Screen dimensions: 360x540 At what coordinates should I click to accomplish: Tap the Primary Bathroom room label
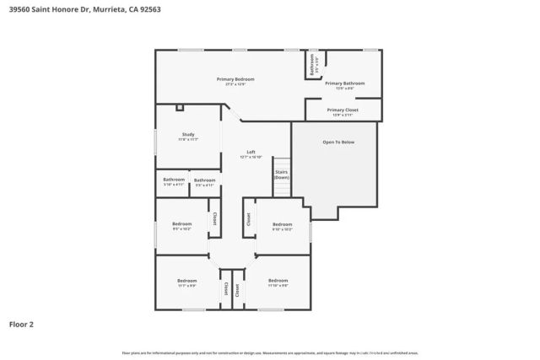344,83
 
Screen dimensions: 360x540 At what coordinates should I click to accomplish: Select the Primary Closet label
343,110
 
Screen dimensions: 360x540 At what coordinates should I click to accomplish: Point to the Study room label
189,135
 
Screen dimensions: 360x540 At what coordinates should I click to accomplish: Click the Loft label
251,153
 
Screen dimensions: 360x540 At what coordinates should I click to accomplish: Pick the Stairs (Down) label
281,175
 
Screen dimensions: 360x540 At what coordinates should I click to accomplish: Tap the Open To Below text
338,142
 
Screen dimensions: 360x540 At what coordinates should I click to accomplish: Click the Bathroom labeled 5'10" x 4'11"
174,179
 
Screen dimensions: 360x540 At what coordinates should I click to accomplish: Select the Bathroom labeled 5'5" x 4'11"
204,180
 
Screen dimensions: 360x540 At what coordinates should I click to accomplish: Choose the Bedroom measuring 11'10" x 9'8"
278,280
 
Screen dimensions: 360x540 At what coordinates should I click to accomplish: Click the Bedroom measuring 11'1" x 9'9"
186,280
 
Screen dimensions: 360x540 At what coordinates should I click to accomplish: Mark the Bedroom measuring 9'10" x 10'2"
282,225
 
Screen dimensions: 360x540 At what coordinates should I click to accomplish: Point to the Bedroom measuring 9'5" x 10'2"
181,225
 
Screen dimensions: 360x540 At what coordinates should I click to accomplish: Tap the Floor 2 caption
21,324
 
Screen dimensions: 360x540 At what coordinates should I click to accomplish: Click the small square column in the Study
179,108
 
